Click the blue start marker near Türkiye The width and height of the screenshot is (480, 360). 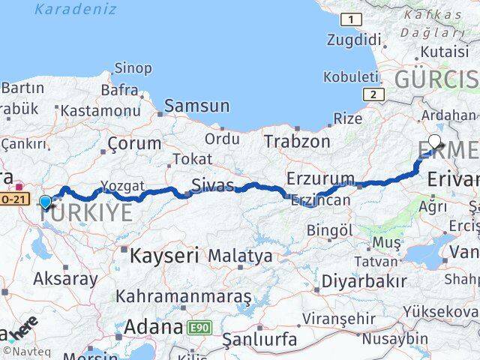(x=46, y=202)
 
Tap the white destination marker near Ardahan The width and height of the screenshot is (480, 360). (x=435, y=141)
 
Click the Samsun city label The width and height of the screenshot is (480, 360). (x=196, y=106)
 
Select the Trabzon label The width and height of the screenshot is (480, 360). (x=296, y=140)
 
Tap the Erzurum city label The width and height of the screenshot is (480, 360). (x=320, y=178)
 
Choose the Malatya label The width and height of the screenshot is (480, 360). (x=240, y=256)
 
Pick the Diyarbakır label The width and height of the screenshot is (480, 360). (x=364, y=280)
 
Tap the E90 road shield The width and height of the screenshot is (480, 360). (x=199, y=328)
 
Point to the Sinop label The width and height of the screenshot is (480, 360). (x=132, y=68)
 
